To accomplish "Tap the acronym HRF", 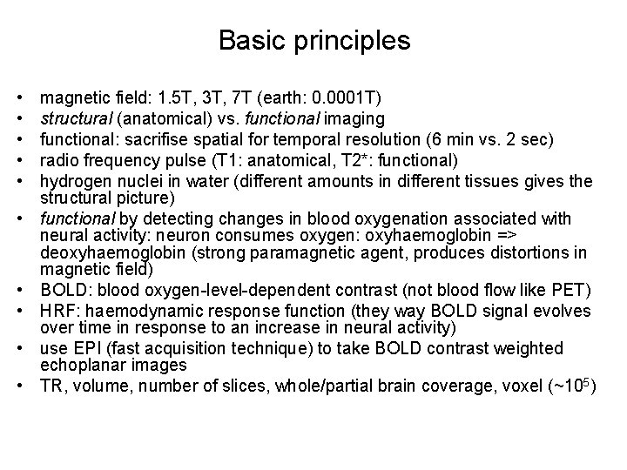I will pos(57,311).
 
